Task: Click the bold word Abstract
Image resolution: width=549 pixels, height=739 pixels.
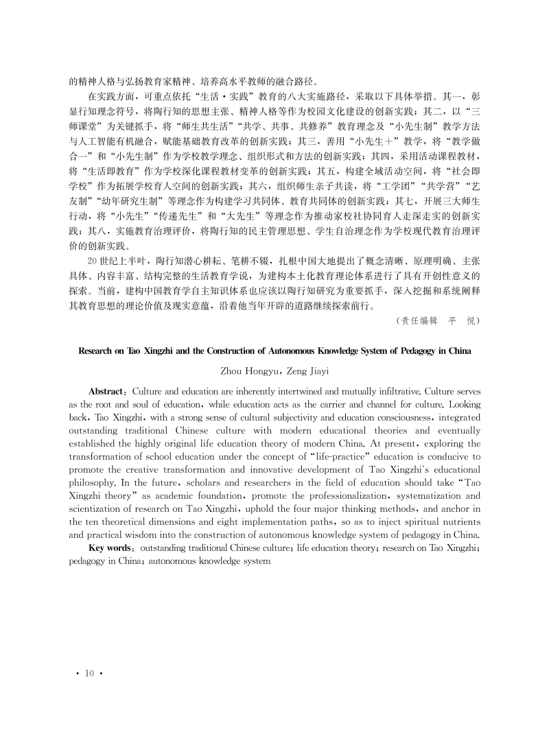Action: point(107,391)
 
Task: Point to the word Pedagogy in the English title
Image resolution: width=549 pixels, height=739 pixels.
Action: point(408,350)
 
